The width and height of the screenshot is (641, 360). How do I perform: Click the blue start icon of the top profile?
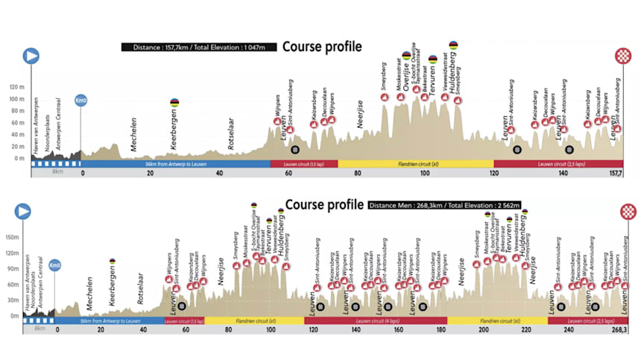pyautogui.click(x=31, y=55)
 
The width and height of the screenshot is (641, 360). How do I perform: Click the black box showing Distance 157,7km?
pyautogui.click(x=199, y=47)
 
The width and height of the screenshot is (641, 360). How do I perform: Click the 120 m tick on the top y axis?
pyautogui.click(x=15, y=86)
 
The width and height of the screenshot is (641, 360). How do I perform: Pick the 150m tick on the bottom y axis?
pyautogui.click(x=12, y=238)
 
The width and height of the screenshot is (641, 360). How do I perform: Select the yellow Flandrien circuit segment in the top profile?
pyautogui.click(x=415, y=163)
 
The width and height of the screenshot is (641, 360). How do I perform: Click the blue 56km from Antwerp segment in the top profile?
pyautogui.click(x=176, y=163)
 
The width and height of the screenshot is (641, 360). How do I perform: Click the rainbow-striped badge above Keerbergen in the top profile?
pyautogui.click(x=174, y=102)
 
